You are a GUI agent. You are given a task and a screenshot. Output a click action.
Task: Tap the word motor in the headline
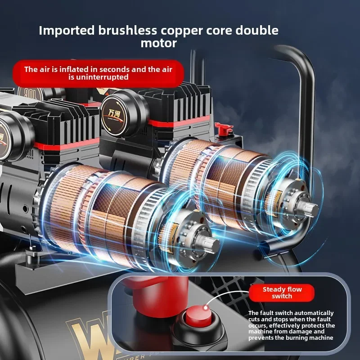coord(158,44)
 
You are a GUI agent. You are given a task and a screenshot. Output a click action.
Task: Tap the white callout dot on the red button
coord(205,308)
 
